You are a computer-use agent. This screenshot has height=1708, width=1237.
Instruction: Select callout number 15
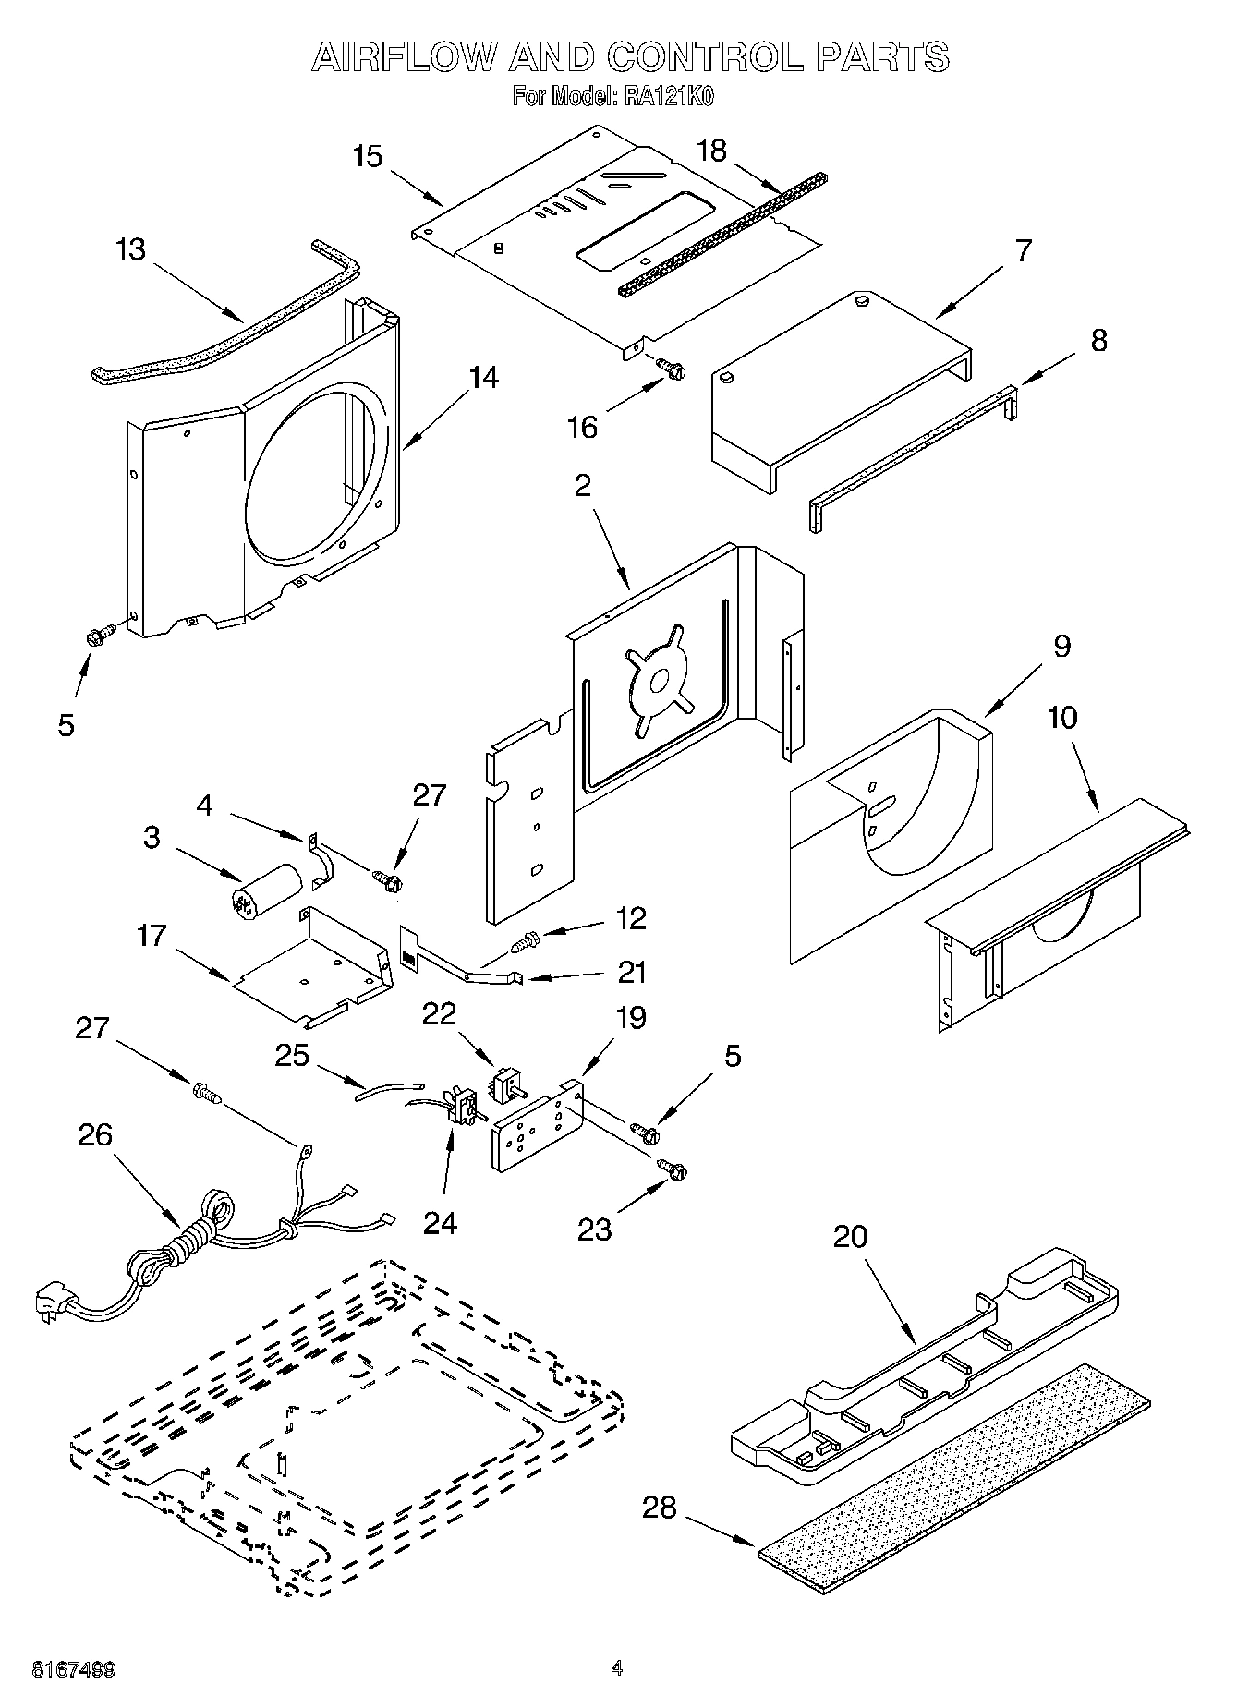pos(368,156)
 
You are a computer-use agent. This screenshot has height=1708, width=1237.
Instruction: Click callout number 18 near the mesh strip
pos(711,150)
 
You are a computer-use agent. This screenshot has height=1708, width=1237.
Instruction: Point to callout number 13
pos(131,249)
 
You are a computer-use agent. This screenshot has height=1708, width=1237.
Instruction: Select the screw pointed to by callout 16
pos(671,369)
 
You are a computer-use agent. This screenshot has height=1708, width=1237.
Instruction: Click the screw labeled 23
pos(673,1169)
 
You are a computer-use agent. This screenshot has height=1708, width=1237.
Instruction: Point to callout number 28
pos(660,1508)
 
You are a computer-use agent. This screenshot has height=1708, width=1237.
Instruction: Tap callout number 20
pos(850,1236)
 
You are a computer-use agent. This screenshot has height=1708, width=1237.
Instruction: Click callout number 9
pos(1061,646)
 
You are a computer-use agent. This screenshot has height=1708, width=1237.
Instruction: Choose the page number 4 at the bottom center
pos(617,1668)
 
